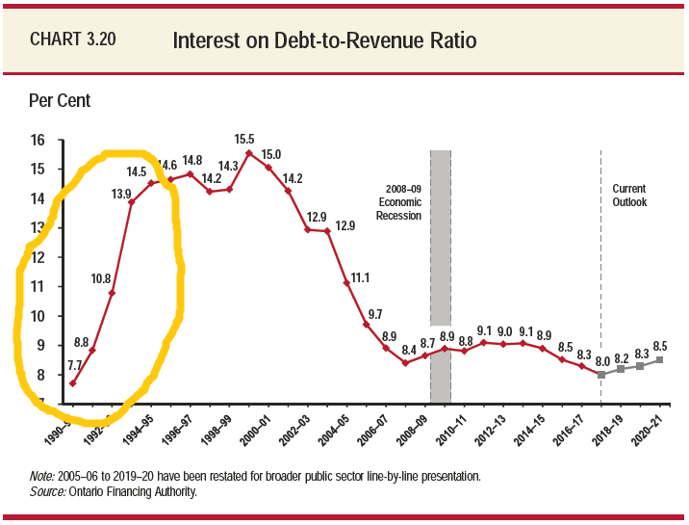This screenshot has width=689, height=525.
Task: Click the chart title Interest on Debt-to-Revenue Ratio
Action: (324, 41)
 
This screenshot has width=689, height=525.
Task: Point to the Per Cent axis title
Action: (60, 100)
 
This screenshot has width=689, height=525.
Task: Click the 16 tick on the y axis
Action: (38, 141)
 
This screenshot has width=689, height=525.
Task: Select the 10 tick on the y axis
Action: (38, 316)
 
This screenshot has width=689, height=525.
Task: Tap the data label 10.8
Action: (102, 279)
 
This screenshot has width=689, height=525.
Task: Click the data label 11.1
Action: (361, 276)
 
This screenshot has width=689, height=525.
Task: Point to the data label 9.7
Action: (374, 314)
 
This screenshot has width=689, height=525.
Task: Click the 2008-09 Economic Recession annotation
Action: (399, 202)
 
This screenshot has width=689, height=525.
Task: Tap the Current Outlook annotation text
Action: (629, 196)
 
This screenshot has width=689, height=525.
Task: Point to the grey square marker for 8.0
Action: (601, 375)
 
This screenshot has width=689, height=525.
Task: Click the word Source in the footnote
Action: (45, 491)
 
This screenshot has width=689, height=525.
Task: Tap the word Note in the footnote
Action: (41, 477)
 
